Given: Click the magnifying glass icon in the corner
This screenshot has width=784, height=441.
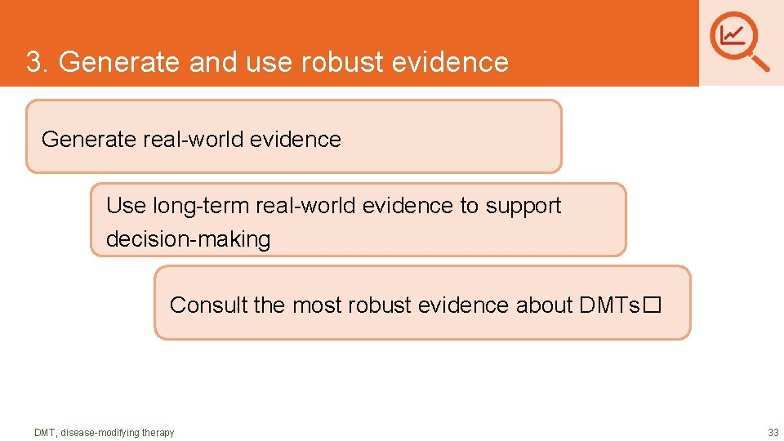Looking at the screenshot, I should click(x=740, y=40).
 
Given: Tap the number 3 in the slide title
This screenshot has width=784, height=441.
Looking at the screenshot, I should click(x=33, y=62).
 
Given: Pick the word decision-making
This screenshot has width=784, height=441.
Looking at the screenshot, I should click(x=188, y=239).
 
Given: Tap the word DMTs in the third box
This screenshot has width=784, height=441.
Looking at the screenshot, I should click(x=609, y=305).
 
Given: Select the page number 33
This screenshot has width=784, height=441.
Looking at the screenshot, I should click(x=773, y=432).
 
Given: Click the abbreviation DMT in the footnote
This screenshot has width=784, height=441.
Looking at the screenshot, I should click(x=44, y=432).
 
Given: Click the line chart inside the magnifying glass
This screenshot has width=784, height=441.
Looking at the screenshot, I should click(x=733, y=34).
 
